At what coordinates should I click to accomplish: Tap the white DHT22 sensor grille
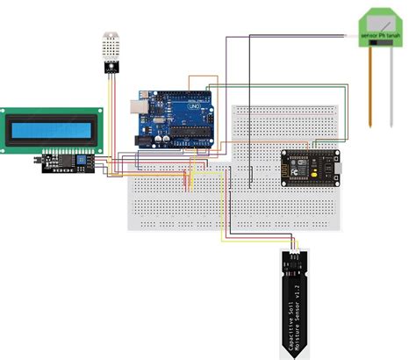(110, 46)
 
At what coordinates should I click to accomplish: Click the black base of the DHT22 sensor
(110, 64)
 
